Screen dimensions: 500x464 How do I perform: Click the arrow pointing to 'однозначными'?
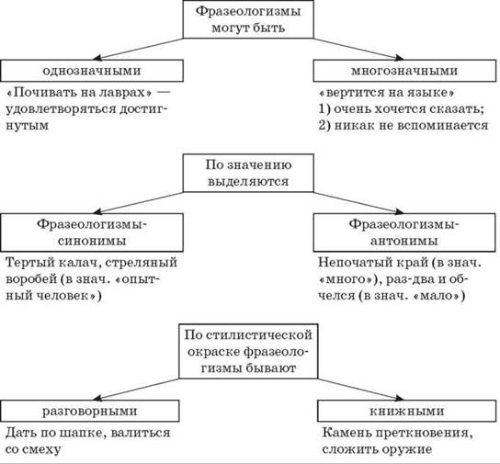tap(138, 49)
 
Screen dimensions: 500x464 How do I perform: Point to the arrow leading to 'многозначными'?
tap(358, 49)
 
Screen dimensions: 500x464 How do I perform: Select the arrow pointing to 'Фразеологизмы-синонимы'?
tap(138, 203)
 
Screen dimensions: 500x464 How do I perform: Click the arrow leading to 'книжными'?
tap(361, 390)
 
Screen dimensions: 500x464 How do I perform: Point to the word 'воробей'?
tap(31, 279)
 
